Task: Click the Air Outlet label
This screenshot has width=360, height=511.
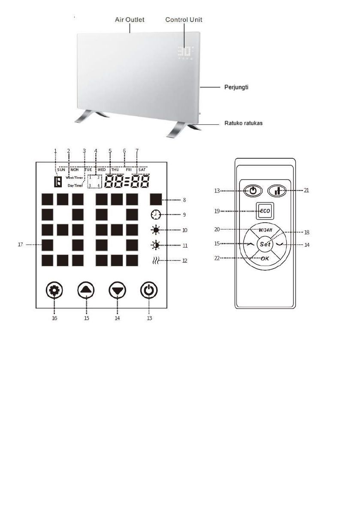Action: click(x=129, y=20)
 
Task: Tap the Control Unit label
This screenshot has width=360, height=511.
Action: click(x=184, y=20)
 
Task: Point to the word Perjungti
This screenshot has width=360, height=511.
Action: click(x=236, y=87)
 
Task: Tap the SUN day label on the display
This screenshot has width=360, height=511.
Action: click(x=61, y=169)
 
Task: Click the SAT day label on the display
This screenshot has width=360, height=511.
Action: click(x=142, y=169)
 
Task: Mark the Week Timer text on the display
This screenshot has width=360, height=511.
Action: click(x=75, y=177)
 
